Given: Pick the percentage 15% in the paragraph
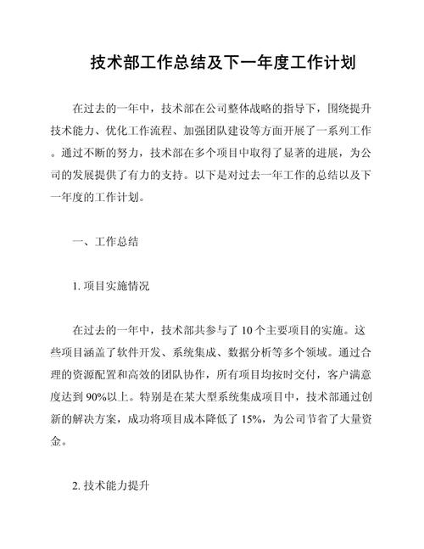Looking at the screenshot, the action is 254,418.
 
